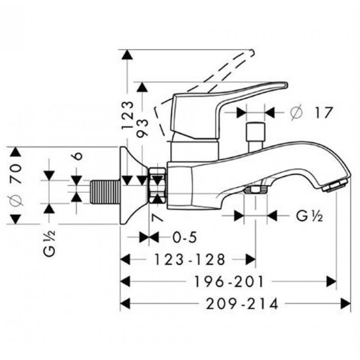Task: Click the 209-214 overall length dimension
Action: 242,304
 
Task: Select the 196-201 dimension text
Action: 229,282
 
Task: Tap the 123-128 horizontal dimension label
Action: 189,260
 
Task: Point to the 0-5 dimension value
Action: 185,237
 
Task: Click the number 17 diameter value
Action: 323,112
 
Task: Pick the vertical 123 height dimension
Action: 128,115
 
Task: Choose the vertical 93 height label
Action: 142,128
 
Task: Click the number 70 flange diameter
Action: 16,174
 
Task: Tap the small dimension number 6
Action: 78,156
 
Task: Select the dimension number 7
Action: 157,217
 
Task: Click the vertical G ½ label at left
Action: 49,243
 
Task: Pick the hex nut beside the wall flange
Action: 157,185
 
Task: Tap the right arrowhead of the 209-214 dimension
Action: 346,303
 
